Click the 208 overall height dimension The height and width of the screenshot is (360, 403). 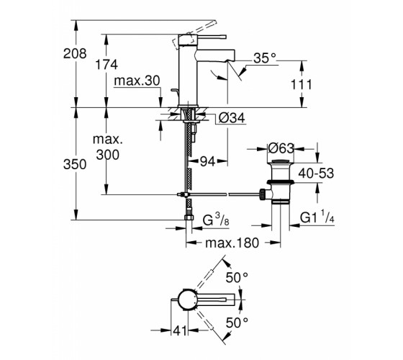pyautogui.click(x=75, y=54)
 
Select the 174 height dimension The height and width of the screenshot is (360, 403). pyautogui.click(x=107, y=65)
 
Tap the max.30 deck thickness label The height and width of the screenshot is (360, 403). pyautogui.click(x=137, y=81)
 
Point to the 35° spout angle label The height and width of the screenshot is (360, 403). pyautogui.click(x=265, y=58)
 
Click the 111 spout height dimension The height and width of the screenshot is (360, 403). pyautogui.click(x=302, y=84)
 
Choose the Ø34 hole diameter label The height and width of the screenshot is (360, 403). pyautogui.click(x=232, y=118)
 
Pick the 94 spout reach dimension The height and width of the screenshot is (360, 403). pyautogui.click(x=207, y=161)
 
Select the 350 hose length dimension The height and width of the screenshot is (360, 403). pyautogui.click(x=75, y=164)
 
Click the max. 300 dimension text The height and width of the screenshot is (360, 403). pyautogui.click(x=108, y=147)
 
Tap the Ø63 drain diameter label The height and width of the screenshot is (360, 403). pyautogui.click(x=281, y=148)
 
